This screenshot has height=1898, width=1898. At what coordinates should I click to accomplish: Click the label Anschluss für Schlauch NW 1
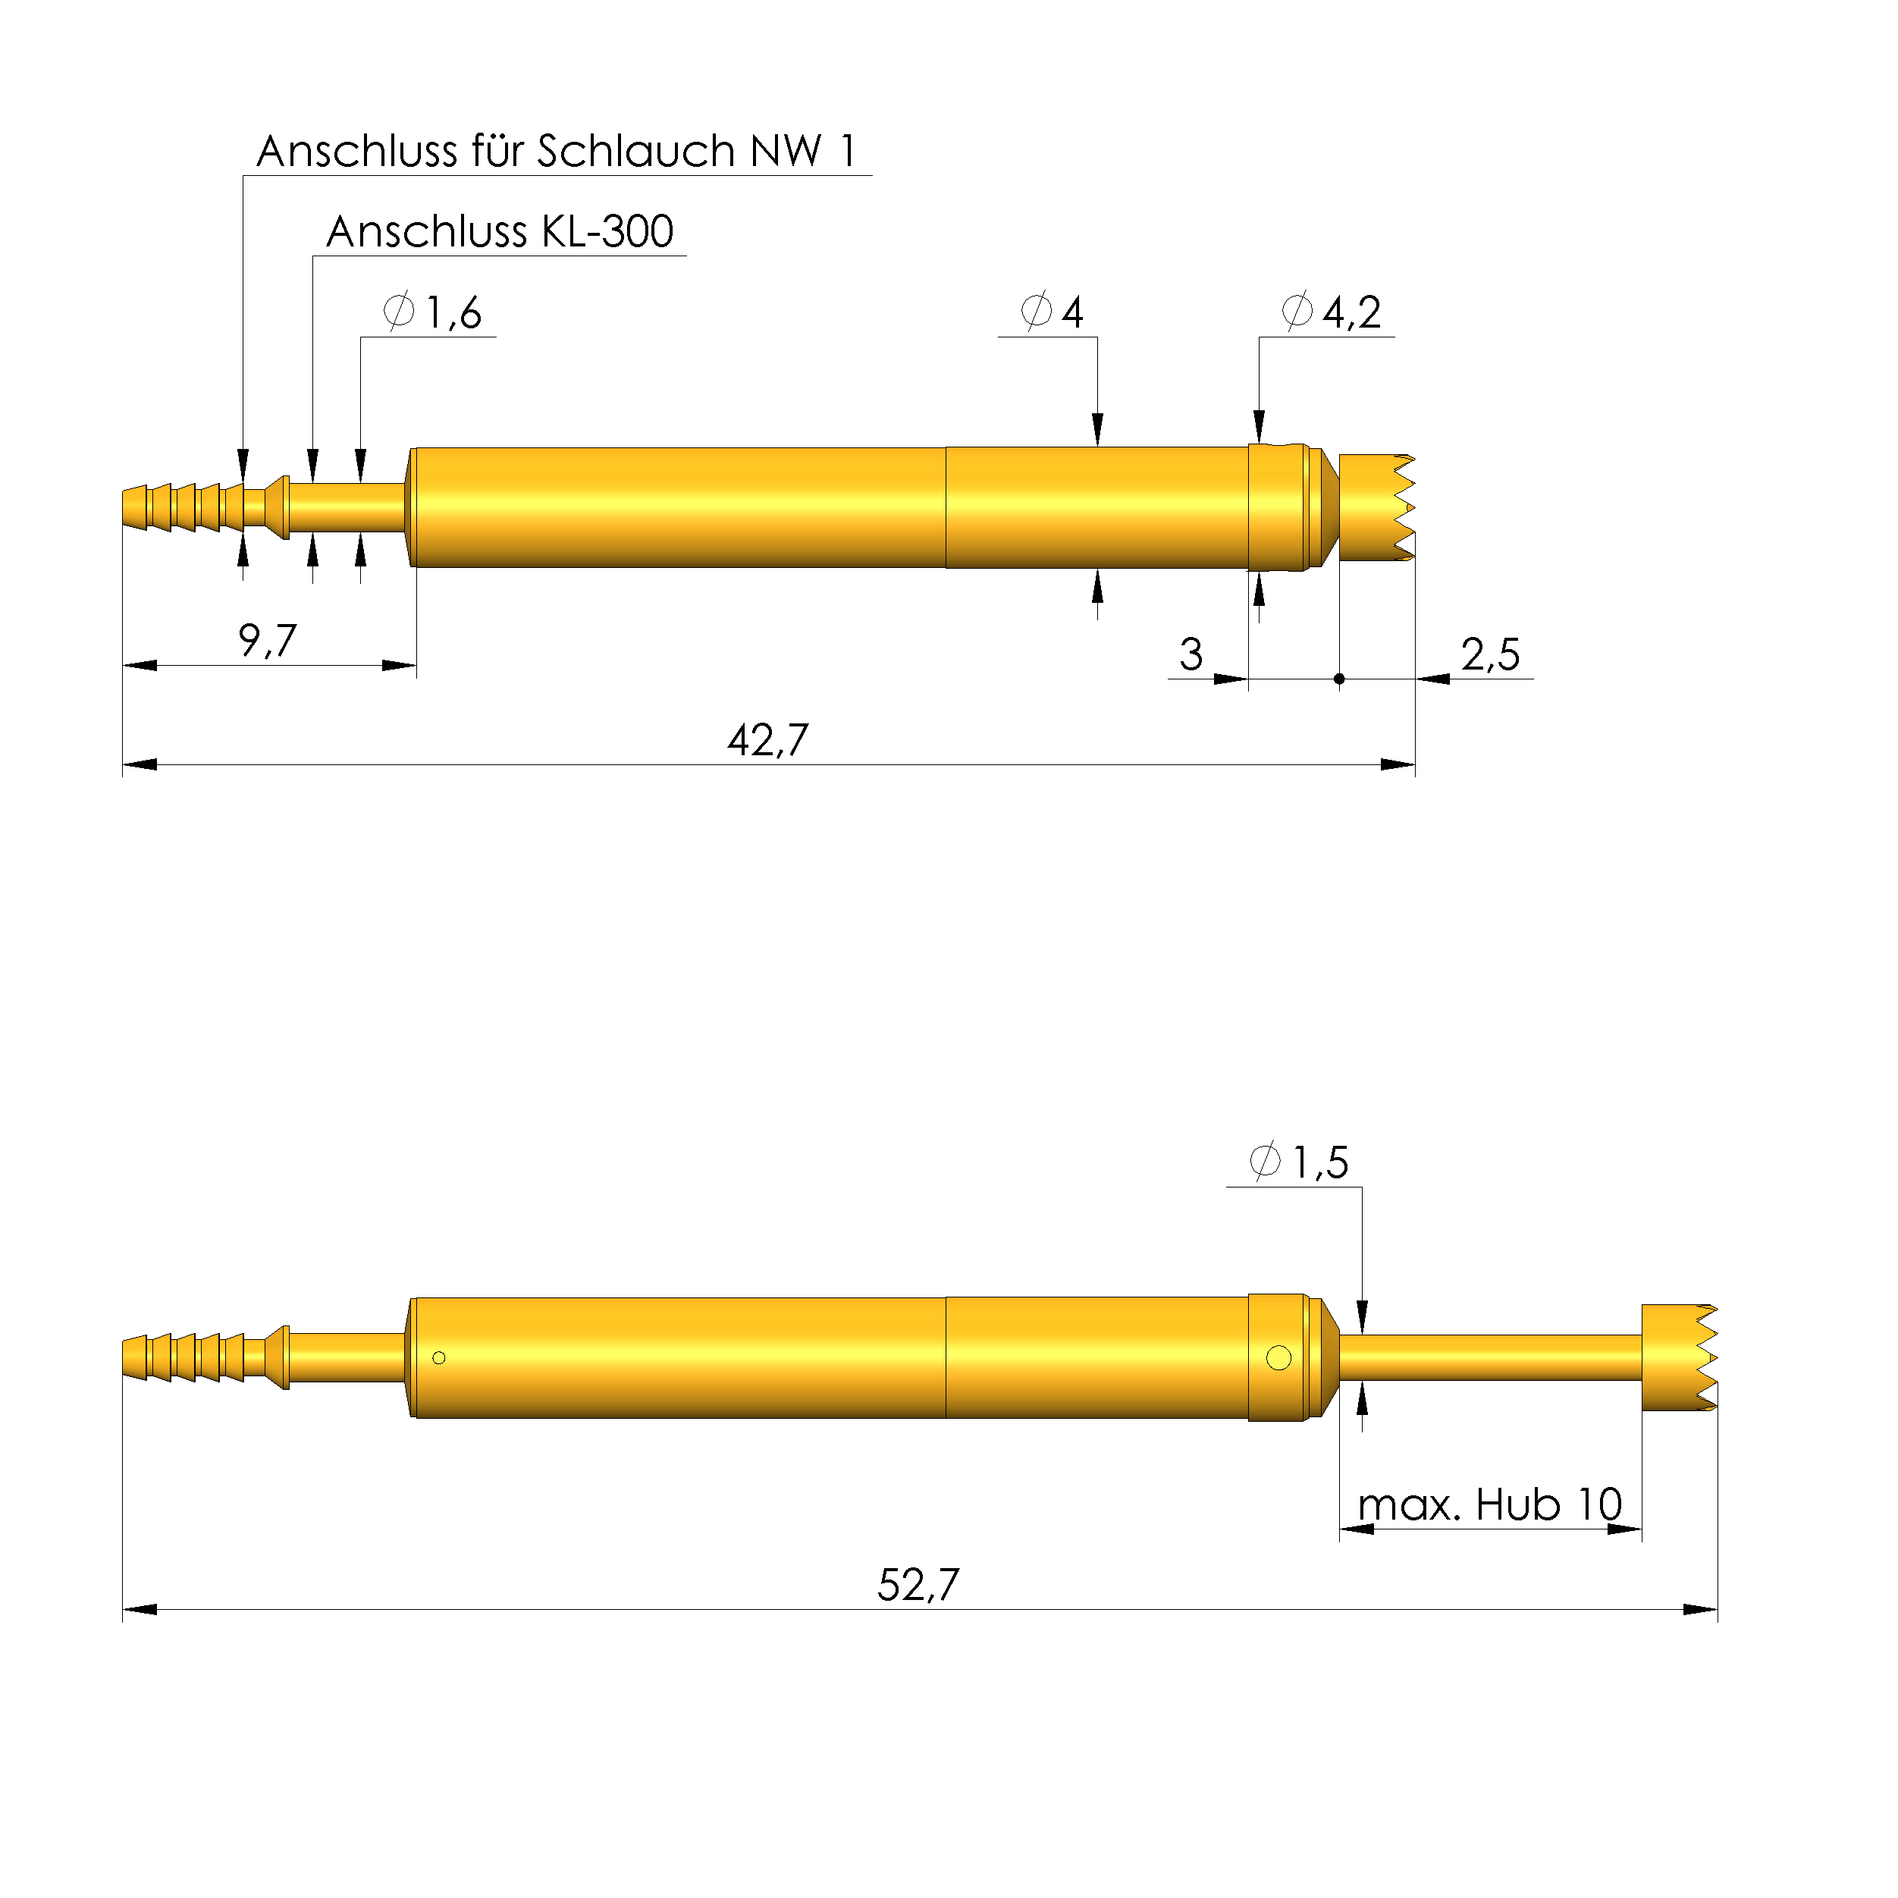(556, 152)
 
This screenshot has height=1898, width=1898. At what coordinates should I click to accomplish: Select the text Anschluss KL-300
(499, 232)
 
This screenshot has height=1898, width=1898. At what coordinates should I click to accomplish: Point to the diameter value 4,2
(1352, 312)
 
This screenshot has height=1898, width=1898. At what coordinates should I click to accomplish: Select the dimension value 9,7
(267, 641)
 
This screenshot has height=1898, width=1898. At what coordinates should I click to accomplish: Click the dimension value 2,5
(1489, 654)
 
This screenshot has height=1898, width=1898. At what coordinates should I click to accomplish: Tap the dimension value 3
(1191, 654)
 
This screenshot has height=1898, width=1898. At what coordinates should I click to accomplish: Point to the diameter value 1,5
(1319, 1163)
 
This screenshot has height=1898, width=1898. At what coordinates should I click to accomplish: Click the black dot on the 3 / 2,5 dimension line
(1339, 679)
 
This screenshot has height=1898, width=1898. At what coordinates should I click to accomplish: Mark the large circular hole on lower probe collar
(1279, 1357)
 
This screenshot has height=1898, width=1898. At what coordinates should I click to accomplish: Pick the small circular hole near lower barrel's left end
(439, 1357)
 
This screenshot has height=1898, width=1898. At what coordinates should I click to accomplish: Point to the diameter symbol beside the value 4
(1037, 312)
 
